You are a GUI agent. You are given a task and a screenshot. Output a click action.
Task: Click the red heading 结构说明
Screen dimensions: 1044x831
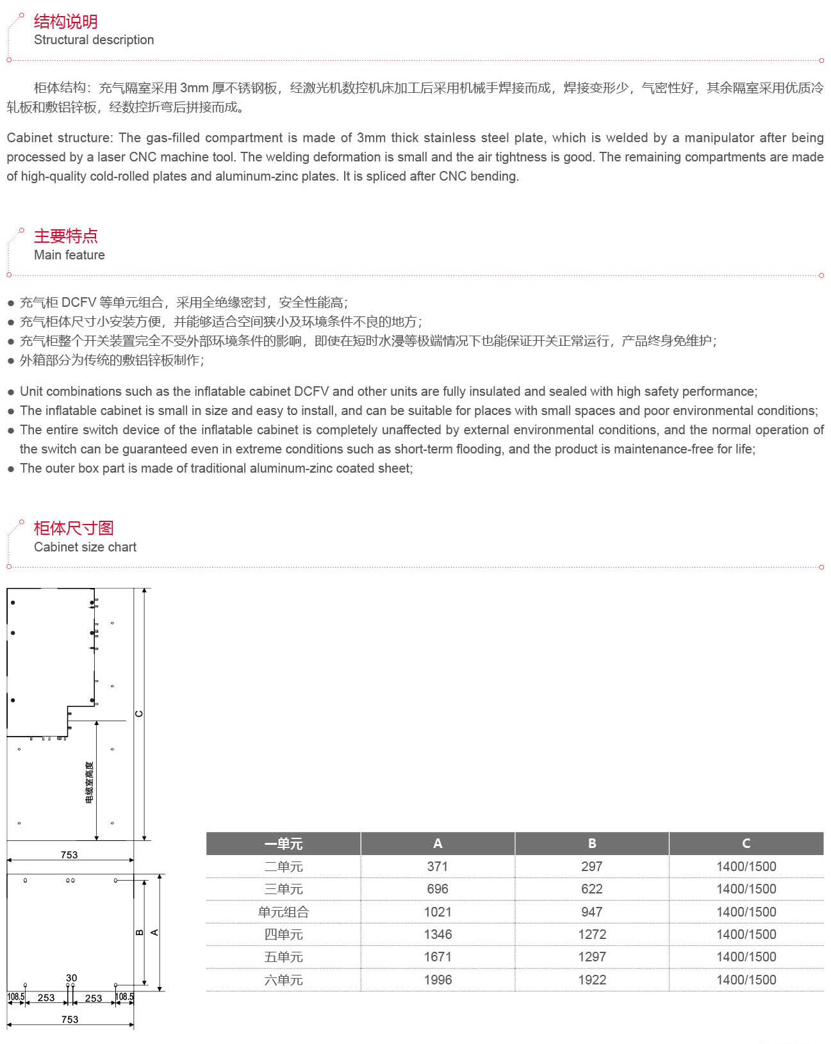tap(65, 22)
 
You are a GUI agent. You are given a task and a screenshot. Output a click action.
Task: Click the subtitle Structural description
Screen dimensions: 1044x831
tap(94, 40)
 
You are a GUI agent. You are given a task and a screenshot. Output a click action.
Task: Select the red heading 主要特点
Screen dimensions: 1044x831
tap(65, 236)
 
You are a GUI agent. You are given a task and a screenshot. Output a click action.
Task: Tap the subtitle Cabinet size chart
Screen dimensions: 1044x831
tap(85, 547)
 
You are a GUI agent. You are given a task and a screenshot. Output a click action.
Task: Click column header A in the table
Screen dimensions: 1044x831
tap(438, 844)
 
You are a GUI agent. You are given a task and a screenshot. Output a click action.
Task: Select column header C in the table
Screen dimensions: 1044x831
tap(746, 844)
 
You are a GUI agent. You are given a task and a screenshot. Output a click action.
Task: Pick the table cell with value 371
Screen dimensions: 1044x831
tap(438, 867)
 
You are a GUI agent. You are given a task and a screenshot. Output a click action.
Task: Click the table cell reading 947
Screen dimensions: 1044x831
tap(591, 912)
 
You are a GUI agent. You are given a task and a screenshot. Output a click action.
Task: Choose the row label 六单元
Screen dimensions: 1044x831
tap(283, 980)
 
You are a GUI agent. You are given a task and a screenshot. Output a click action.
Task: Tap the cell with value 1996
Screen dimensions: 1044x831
tap(438, 980)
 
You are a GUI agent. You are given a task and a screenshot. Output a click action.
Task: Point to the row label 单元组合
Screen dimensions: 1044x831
tap(283, 912)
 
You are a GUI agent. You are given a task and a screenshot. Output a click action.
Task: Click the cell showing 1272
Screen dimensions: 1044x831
tap(591, 934)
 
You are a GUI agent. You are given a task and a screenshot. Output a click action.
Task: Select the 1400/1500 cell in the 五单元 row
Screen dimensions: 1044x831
tap(746, 957)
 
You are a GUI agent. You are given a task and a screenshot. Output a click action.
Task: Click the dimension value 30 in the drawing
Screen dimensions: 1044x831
tap(71, 978)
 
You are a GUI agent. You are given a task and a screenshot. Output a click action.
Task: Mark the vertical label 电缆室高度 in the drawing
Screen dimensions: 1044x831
tap(89, 782)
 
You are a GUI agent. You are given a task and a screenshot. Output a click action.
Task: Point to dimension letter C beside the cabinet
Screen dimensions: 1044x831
tap(139, 714)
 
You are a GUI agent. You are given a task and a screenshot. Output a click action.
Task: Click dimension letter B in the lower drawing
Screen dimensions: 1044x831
tap(140, 933)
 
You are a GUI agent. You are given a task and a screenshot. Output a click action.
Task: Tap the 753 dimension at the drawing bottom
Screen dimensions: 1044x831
tap(70, 1020)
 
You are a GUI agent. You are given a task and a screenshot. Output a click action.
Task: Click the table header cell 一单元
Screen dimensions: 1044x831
tap(283, 844)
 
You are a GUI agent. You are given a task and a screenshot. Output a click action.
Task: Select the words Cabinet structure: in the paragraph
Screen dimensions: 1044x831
tap(59, 138)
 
